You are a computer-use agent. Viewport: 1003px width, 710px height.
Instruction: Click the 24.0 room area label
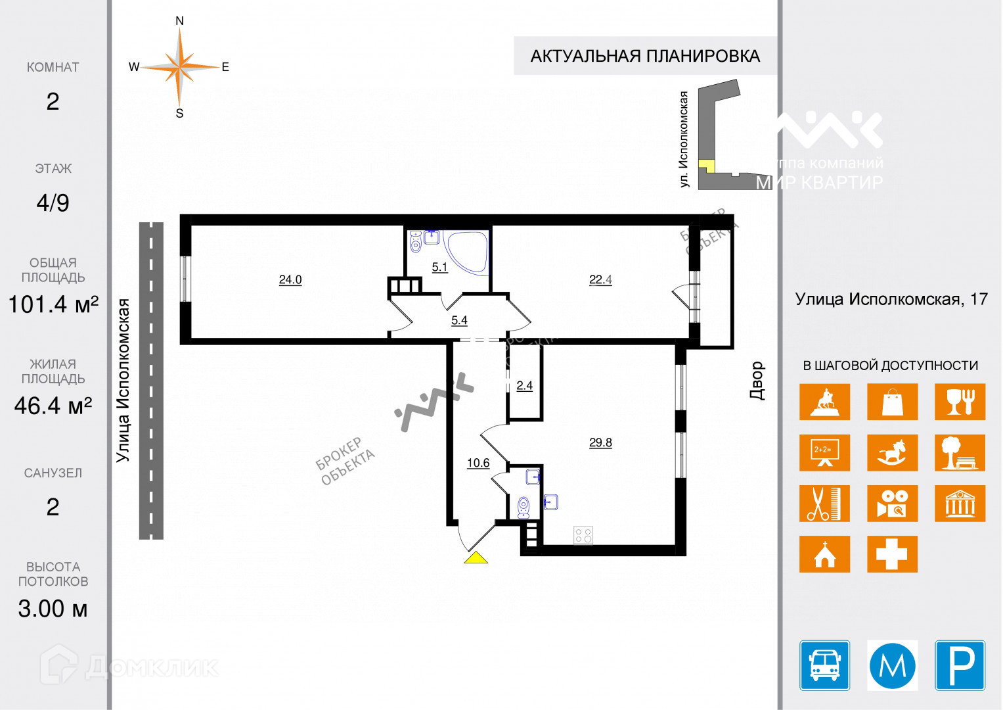click(x=290, y=279)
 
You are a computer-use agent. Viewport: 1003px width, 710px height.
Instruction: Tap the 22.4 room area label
click(x=600, y=279)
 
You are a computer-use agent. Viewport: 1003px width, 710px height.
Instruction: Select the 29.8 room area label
click(x=600, y=442)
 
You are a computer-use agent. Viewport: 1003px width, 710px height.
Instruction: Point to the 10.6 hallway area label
click(x=478, y=463)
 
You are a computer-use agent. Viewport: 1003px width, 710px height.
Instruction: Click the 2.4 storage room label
click(x=524, y=386)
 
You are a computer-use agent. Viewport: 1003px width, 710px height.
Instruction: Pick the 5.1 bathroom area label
click(x=439, y=267)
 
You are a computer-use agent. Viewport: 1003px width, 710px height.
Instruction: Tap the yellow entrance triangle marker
click(x=476, y=558)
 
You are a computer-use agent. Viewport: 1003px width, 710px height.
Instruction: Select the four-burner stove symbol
click(x=583, y=534)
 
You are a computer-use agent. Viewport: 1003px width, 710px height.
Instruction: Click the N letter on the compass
click(x=179, y=21)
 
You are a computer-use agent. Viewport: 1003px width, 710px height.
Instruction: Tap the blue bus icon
click(x=824, y=665)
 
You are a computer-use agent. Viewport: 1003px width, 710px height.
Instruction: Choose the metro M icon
click(x=892, y=665)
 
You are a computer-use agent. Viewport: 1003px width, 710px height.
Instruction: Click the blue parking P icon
click(x=960, y=665)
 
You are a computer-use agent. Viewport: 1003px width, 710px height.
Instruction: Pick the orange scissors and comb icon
click(x=824, y=504)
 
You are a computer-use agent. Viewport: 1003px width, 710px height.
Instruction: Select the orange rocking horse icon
click(x=892, y=453)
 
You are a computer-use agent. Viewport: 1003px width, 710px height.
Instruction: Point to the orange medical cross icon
click(x=892, y=554)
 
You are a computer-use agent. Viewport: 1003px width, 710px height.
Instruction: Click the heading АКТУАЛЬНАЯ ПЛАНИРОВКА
click(x=645, y=57)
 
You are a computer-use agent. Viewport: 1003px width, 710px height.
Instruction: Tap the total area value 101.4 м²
click(x=53, y=304)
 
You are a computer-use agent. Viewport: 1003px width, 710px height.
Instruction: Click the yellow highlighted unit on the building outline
click(x=706, y=165)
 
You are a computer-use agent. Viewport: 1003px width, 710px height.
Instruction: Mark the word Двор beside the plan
click(x=757, y=381)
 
